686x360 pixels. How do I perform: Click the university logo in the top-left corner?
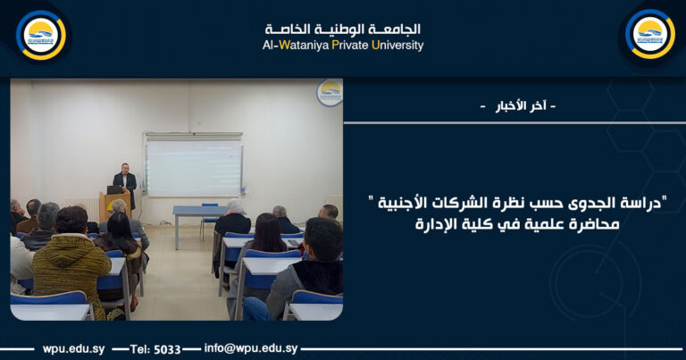click(x=41, y=35)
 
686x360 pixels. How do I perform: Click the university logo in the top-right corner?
click(x=649, y=35)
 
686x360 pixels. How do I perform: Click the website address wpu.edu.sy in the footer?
click(x=71, y=348)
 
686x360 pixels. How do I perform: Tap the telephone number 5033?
click(x=168, y=348)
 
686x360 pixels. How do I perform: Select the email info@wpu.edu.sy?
click(x=251, y=348)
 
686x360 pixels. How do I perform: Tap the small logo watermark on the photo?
click(x=330, y=92)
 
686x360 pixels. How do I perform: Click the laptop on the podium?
click(x=113, y=189)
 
